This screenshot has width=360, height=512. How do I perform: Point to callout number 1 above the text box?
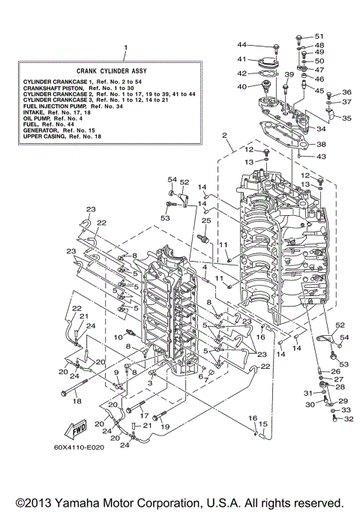pyautogui.click(x=125, y=47)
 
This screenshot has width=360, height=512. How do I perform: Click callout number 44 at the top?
pyautogui.click(x=242, y=46)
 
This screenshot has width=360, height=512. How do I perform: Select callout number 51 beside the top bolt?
pyautogui.click(x=319, y=36)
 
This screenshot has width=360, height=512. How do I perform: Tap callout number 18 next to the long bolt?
pyautogui.click(x=75, y=402)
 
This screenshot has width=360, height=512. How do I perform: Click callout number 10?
pyautogui.click(x=117, y=338)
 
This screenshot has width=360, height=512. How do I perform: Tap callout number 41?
pyautogui.click(x=242, y=59)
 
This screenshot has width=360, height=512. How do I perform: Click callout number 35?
pyautogui.click(x=346, y=118)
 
